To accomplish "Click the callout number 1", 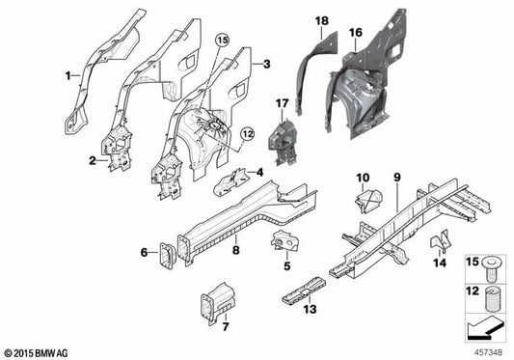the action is tap(68, 76).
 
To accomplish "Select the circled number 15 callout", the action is tap(222, 41).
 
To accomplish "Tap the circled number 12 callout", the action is tap(248, 134).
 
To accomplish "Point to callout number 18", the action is tap(321, 21).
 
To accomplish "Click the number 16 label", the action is tap(356, 33).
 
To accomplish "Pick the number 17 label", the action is tap(282, 103).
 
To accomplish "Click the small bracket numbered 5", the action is tap(284, 241).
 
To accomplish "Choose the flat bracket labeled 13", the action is tap(304, 291).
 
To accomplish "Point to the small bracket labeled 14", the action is tap(439, 241).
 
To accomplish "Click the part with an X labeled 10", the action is tap(368, 200).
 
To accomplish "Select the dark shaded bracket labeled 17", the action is tap(283, 142).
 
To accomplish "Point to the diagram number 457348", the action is tap(488, 352).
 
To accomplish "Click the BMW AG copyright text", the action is tap(37, 353).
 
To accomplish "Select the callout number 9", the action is tap(397, 178).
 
